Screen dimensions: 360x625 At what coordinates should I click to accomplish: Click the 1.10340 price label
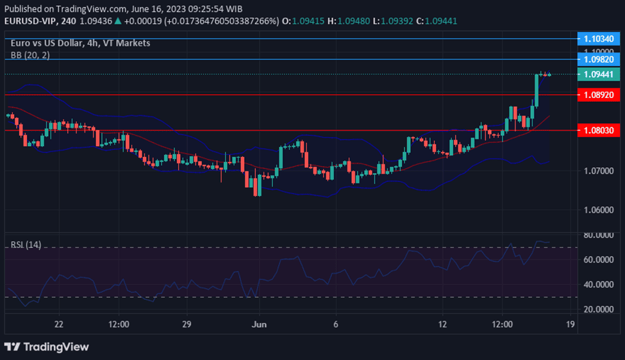click(599, 39)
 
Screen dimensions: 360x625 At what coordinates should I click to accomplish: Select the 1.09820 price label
click(599, 59)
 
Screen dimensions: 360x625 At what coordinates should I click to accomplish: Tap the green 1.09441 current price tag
click(599, 74)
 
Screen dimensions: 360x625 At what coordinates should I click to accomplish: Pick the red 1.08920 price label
click(599, 95)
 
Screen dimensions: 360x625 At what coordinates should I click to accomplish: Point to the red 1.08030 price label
click(599, 130)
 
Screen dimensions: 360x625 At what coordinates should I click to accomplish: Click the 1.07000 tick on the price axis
click(599, 171)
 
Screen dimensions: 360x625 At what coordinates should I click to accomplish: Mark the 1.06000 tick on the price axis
click(599, 210)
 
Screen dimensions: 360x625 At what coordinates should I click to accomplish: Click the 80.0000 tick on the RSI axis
click(599, 235)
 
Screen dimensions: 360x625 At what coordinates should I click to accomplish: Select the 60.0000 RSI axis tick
click(599, 259)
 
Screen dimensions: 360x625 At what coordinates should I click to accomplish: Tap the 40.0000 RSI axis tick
click(599, 284)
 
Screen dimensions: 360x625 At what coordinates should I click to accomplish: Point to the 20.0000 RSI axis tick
click(599, 309)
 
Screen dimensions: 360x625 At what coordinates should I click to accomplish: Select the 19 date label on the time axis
click(569, 324)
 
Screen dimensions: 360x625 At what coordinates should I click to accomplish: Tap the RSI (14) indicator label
click(26, 245)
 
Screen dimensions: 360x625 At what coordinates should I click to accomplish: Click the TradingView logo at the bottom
click(46, 347)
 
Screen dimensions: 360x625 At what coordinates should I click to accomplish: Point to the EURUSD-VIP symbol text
click(30, 20)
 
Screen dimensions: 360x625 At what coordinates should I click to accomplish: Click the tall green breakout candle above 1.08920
click(537, 90)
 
